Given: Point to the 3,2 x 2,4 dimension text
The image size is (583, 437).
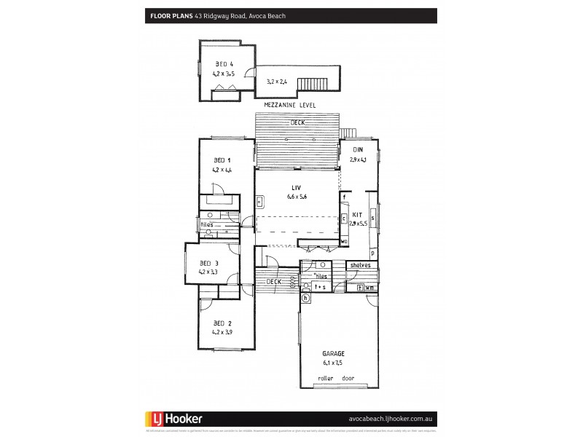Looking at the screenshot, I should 277,82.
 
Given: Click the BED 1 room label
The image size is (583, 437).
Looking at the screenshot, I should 222,160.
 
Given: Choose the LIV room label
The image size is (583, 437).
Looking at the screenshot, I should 297,188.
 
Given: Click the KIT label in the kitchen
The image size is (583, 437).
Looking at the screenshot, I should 358,216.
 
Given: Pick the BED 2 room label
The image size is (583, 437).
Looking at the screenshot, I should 222,323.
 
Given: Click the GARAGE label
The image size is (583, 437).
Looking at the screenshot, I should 334,353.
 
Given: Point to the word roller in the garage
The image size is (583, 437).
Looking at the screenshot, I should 325,379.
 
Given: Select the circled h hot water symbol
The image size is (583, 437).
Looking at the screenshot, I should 306,297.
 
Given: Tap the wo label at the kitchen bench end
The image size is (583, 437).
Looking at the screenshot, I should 343,241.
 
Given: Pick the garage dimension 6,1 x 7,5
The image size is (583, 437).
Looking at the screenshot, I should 334,361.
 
